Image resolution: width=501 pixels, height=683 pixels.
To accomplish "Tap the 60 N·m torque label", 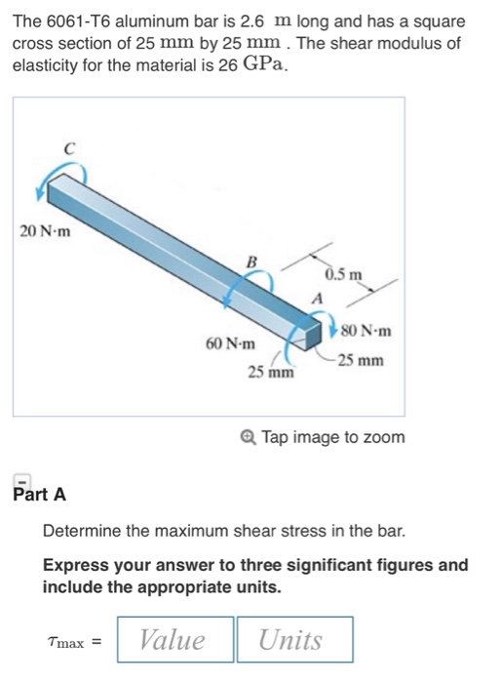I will (x=231, y=343).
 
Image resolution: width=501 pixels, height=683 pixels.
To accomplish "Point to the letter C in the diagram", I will (x=68, y=149).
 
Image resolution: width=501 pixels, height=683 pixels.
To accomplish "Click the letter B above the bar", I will (x=250, y=261).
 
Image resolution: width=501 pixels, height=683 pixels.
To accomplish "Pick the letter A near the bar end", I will (x=316, y=298).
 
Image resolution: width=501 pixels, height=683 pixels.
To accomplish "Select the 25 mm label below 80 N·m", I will (x=360, y=360).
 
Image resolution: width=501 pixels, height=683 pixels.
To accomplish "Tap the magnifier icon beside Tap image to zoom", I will (x=250, y=437).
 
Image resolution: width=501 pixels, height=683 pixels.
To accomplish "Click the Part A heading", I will (x=40, y=495).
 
